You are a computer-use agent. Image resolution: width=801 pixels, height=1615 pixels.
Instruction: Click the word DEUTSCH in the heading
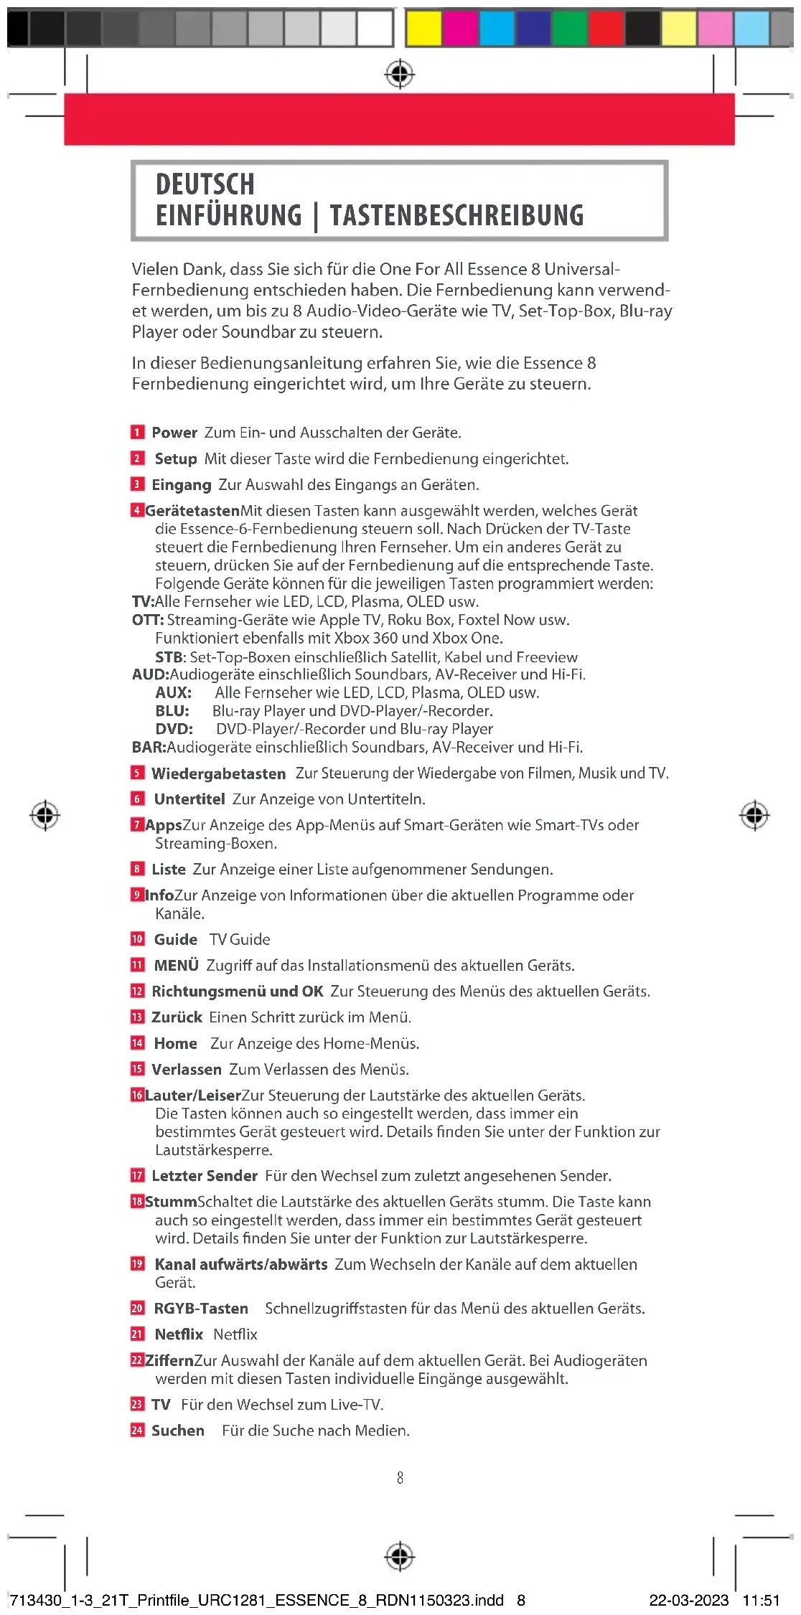coord(205,184)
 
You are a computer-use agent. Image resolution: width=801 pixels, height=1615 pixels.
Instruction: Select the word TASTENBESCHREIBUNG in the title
coord(456,215)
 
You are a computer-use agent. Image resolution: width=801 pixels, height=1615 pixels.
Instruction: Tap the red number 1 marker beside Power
coord(137,432)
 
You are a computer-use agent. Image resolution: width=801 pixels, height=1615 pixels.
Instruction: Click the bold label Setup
coord(175,458)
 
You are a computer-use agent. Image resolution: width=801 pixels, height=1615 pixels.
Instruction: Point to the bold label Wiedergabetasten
coord(218,773)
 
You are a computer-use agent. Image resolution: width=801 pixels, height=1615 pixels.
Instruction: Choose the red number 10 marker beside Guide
coord(137,939)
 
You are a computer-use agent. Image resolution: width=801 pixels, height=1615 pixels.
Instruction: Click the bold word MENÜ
coord(176,966)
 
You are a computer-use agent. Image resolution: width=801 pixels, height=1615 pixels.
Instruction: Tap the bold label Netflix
coord(179,1334)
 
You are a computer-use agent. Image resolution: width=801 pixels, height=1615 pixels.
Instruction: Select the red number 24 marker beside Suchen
coord(137,1431)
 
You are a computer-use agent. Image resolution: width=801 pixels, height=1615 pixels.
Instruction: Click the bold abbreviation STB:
coord(171,657)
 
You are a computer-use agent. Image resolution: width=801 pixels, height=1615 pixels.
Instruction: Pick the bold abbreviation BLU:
coord(172,711)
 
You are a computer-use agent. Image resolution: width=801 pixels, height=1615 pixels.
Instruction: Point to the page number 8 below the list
coord(400,1478)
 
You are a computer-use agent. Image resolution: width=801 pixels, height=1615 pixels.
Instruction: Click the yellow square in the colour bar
coord(423,29)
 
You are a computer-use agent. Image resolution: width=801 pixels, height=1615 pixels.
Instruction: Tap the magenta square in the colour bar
coord(460,29)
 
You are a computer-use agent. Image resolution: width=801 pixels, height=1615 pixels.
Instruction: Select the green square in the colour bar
coord(569,29)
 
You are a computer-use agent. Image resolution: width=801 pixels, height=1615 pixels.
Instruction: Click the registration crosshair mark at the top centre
coord(400,74)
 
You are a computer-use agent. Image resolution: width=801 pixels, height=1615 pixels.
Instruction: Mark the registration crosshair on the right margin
coord(754,815)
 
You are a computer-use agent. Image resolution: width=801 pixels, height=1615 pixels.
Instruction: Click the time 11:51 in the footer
coord(761,1600)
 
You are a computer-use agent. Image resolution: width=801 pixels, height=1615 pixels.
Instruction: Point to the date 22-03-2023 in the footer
coord(689,1600)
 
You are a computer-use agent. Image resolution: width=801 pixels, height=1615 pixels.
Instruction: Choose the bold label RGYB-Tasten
coord(201,1309)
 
